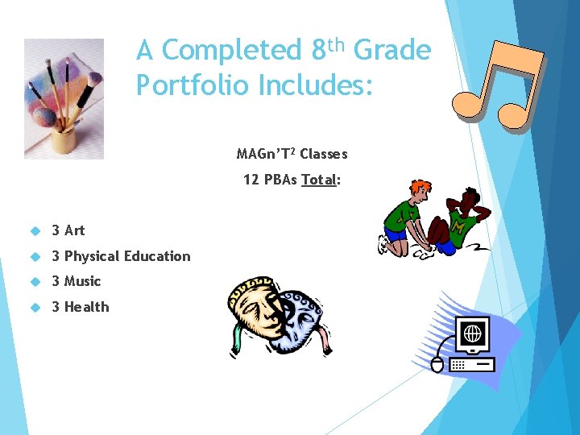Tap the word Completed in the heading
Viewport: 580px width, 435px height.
(x=230, y=51)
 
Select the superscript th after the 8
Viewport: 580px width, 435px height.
(x=338, y=42)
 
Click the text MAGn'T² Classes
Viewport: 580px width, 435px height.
(x=292, y=153)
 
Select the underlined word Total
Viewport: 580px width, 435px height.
(x=318, y=180)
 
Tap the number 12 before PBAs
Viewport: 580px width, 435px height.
(x=251, y=180)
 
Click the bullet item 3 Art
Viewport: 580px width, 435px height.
(x=68, y=230)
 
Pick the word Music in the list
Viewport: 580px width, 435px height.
(x=82, y=281)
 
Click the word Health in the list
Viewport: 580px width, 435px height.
(x=86, y=307)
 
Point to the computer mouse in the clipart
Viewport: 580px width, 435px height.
(x=437, y=365)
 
